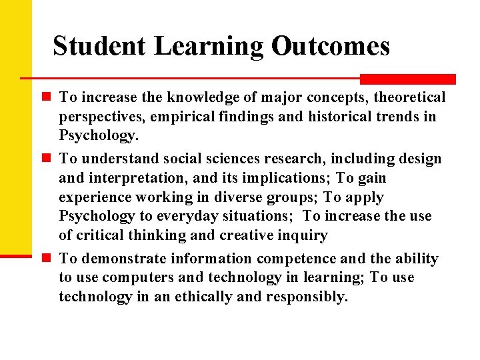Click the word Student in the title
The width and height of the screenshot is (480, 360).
tap(100, 46)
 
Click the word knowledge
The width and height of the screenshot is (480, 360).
tap(198, 98)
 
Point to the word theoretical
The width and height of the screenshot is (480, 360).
tap(409, 98)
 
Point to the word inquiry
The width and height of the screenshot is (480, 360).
tap(303, 235)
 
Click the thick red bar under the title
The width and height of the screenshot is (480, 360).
tap(407, 79)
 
